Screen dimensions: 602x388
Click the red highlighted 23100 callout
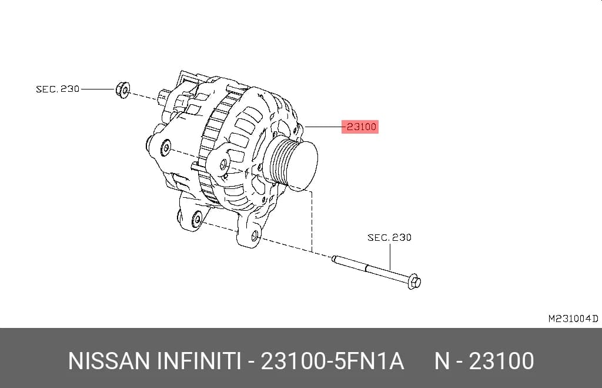tap(360, 127)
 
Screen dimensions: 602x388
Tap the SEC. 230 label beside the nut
tap(58, 89)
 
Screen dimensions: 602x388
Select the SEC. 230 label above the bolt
tap(389, 237)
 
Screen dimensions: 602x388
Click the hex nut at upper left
tap(122, 90)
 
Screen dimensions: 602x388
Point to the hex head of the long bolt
tap(413, 281)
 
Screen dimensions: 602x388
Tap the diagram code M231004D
tap(573, 319)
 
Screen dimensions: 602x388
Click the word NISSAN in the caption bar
tap(109, 361)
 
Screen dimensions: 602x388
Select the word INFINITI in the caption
tap(199, 361)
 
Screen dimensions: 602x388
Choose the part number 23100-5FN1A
tap(332, 361)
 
